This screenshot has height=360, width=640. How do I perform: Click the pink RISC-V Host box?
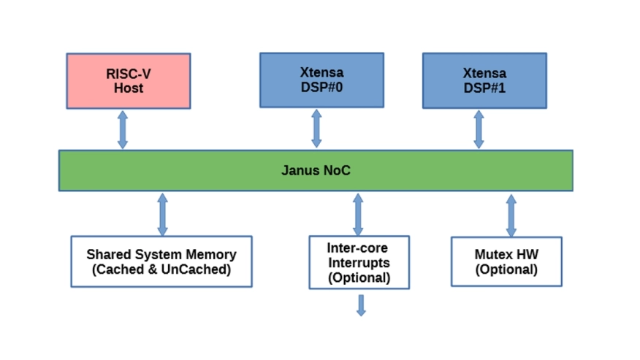coord(128,80)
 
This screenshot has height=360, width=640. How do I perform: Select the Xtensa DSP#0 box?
coord(321,80)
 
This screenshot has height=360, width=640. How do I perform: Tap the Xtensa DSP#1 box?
coord(484,80)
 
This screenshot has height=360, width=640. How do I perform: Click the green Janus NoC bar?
coord(316,170)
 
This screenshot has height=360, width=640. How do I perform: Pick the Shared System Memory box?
coord(161,261)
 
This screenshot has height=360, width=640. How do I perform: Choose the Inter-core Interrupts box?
coord(358,262)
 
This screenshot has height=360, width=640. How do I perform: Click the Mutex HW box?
coord(506,261)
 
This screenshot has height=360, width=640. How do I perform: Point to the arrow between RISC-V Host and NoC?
coord(123,129)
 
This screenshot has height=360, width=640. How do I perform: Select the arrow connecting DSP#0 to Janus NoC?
coord(316,129)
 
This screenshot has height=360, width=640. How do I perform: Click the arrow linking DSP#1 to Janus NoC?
coord(479,129)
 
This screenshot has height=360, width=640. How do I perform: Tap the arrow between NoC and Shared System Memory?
coord(162,214)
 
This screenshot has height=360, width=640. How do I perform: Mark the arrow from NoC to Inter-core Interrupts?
coord(358,214)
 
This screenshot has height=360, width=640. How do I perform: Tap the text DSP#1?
coord(484,88)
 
